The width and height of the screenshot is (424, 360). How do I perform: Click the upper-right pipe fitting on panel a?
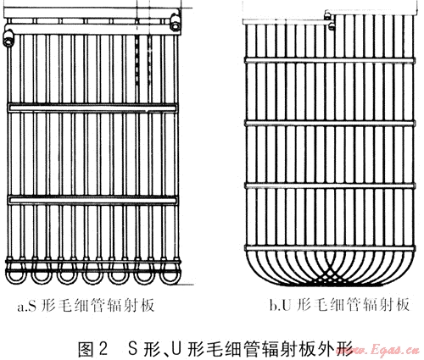pos(176,22)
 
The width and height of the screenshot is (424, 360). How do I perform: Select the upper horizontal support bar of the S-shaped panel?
pos(92,108)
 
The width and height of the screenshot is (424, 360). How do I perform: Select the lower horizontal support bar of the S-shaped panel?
pos(92,200)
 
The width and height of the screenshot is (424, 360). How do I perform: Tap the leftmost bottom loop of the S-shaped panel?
pos(16,275)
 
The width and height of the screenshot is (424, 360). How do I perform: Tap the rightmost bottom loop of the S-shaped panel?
pos(170,275)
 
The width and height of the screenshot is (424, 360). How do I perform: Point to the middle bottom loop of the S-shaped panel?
pos(93,275)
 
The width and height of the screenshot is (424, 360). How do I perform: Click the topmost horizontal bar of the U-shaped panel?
pos(330,60)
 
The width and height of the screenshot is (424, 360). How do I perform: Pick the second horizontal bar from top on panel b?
pos(330,123)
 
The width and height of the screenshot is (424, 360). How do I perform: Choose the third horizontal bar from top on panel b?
pos(330,186)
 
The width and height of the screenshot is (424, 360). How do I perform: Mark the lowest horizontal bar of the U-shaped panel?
pos(330,248)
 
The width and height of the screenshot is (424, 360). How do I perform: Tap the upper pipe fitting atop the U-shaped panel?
pos(328,14)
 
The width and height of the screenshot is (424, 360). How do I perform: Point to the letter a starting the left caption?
pos(20,307)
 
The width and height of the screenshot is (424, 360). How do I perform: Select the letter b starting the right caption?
pos(273,305)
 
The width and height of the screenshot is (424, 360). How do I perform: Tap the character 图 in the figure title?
pos(86,349)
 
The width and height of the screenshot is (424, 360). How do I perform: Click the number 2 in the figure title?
pos(103,349)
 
